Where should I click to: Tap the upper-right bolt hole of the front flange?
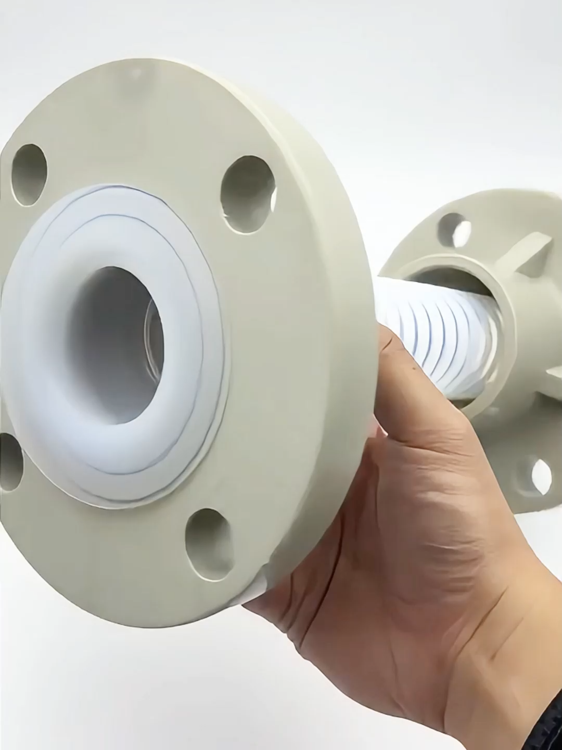click(x=246, y=193)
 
